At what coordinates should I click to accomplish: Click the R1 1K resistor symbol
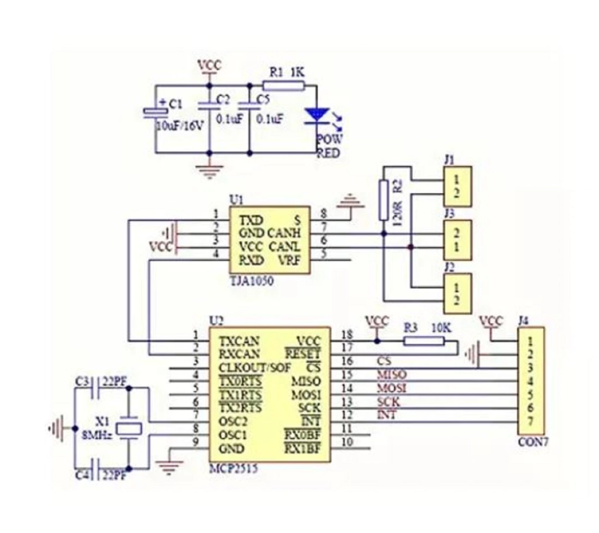pyautogui.click(x=283, y=86)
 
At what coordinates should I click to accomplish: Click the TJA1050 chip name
pyautogui.click(x=250, y=281)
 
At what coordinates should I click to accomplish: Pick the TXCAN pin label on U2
pyautogui.click(x=239, y=340)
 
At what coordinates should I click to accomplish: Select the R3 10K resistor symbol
pyautogui.click(x=424, y=341)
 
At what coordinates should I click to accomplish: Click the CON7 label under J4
pyautogui.click(x=531, y=442)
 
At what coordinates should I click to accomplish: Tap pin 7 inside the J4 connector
pyautogui.click(x=530, y=422)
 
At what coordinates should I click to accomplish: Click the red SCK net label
pyautogui.click(x=388, y=401)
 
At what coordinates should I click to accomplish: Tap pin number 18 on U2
pyautogui.click(x=347, y=334)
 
